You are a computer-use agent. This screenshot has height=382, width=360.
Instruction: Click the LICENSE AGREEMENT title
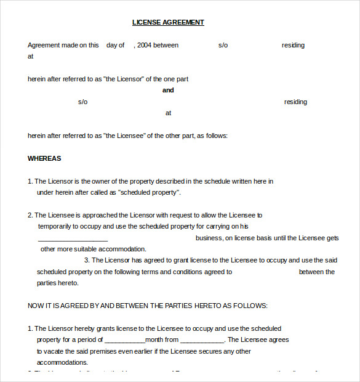[168, 22]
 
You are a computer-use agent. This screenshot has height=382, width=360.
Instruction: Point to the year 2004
[144, 45]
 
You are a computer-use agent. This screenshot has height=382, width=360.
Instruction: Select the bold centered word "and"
[168, 90]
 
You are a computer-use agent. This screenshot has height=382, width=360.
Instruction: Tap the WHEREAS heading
[44, 158]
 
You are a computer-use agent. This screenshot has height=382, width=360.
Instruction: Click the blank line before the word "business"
[73, 238]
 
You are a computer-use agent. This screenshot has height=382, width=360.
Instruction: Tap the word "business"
[209, 238]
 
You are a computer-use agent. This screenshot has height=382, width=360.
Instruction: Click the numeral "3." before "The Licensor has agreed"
[87, 260]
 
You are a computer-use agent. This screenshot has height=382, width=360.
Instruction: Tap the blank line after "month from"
[202, 339]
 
